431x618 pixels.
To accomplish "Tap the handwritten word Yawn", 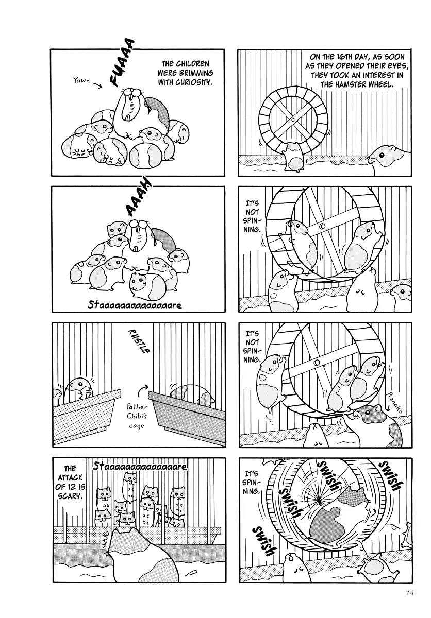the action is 81,80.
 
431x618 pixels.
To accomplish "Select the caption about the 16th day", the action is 356,71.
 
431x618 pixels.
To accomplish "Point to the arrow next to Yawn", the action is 97,85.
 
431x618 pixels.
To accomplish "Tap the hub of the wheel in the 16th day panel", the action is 293,120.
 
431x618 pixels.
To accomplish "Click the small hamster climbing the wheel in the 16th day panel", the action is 294,157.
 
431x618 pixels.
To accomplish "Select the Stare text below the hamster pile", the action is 135,305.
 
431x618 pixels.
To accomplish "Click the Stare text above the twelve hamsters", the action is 140,467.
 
